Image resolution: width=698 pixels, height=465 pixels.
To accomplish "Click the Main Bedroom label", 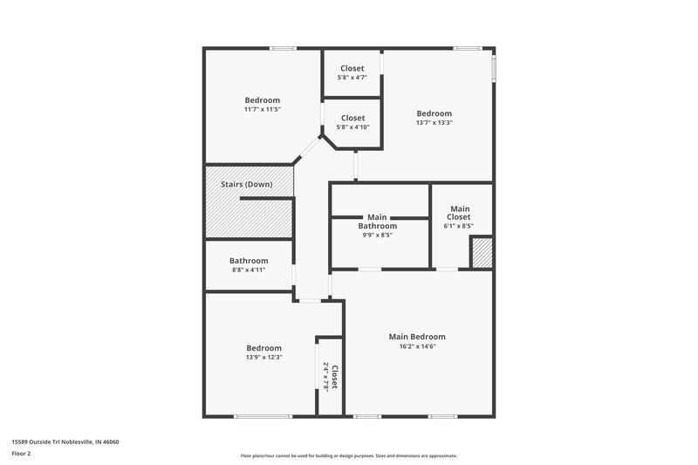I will click(x=416, y=337).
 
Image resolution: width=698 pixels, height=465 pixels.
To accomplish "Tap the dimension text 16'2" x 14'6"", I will click(x=416, y=346).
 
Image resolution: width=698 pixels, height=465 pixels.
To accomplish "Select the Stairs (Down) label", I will click(x=246, y=184).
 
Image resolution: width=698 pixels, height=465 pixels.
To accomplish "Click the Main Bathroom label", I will click(x=377, y=222).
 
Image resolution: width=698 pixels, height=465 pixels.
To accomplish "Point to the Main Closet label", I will click(x=459, y=213).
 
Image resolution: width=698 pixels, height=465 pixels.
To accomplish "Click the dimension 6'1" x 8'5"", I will click(x=459, y=226).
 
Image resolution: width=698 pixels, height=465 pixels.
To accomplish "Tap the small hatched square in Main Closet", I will click(x=482, y=253).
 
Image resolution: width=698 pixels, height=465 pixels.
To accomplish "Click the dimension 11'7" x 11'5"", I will click(x=262, y=110).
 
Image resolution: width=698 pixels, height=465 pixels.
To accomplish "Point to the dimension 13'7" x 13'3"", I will click(x=434, y=123).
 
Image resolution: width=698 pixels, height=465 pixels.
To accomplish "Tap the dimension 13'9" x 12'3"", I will click(x=263, y=357).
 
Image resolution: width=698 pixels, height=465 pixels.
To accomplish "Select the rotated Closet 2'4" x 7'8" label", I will click(x=330, y=377).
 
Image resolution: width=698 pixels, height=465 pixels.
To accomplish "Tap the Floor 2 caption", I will click(x=22, y=454).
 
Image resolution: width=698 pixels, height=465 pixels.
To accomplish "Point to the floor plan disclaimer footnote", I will click(x=348, y=455).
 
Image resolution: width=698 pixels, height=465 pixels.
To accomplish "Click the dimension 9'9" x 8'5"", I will click(x=377, y=235).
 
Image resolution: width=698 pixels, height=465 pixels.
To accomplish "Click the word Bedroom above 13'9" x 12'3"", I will click(x=263, y=347).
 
